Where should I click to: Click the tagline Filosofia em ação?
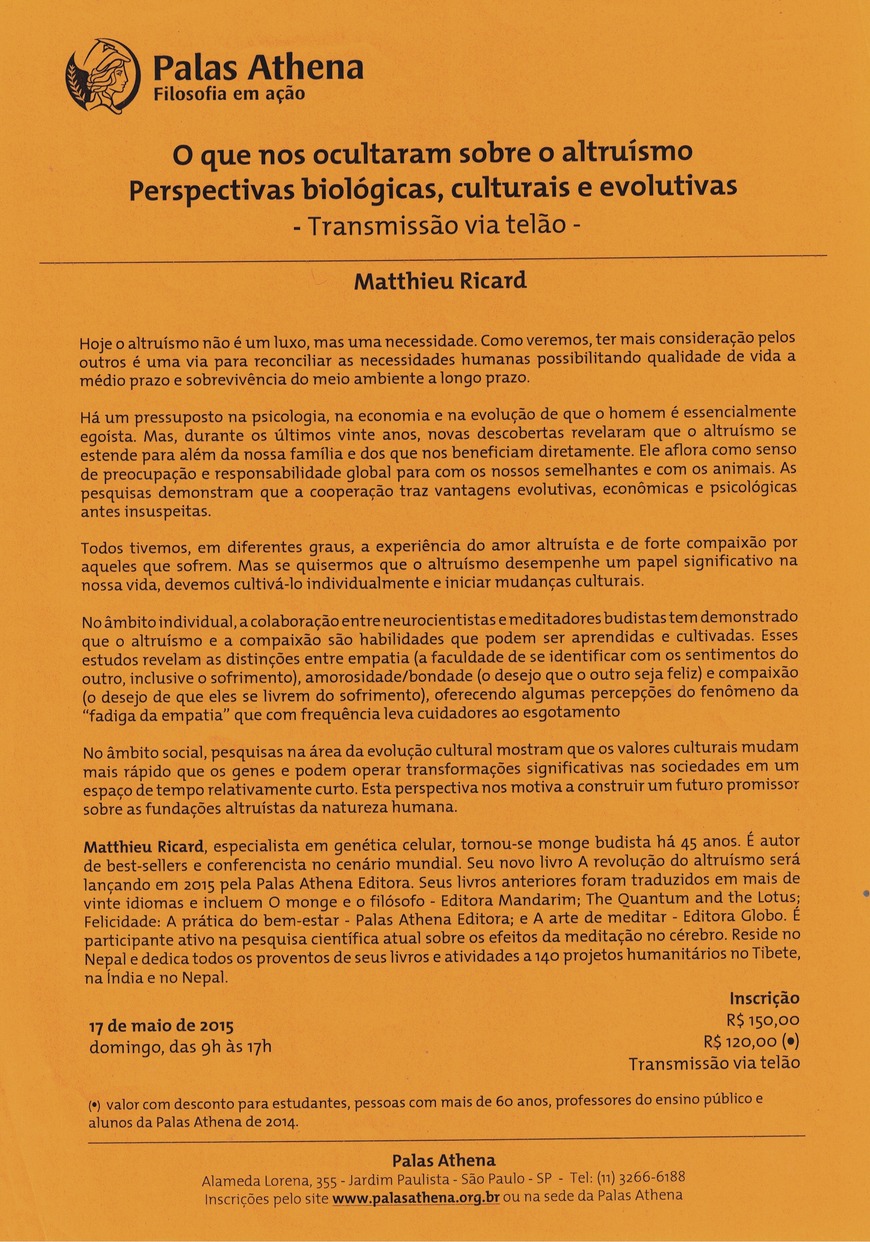[x=229, y=94]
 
